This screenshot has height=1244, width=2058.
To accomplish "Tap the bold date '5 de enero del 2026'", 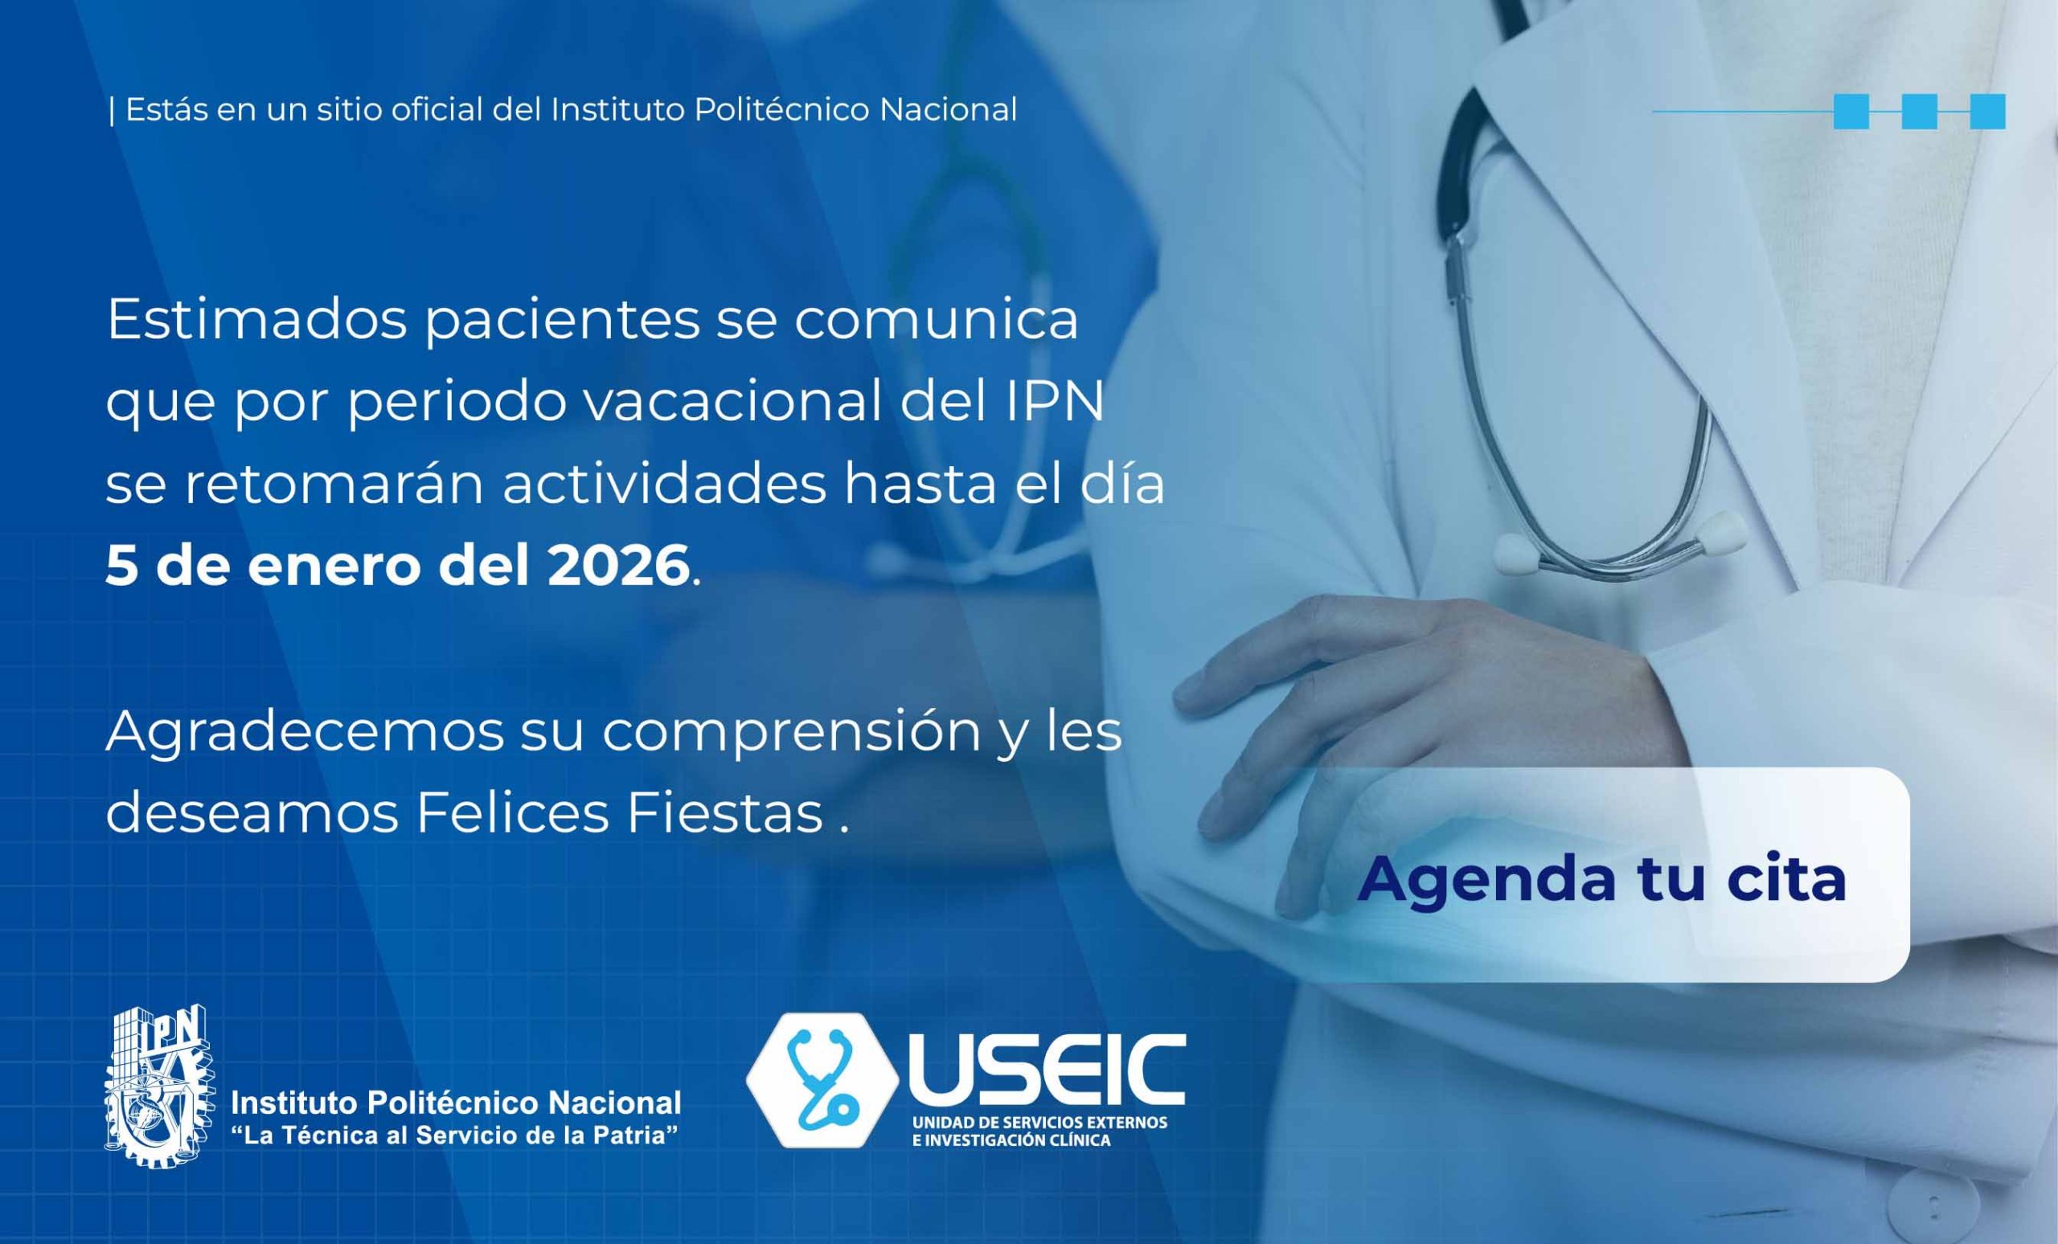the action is tap(398, 567).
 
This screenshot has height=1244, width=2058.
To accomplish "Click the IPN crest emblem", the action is tap(158, 1086).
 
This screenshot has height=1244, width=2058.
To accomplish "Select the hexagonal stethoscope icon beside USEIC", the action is tap(821, 1082).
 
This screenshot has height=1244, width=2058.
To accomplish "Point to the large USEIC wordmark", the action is tap(1047, 1069).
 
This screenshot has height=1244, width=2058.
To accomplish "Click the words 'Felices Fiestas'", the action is tap(619, 813).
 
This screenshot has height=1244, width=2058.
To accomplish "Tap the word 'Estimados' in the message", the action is tap(256, 320).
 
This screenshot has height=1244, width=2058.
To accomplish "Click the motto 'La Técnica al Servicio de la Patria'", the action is tap(453, 1136).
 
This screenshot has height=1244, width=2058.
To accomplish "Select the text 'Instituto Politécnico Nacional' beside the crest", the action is tap(456, 1103).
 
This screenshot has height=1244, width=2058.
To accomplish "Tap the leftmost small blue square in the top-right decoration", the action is tap(1851, 112).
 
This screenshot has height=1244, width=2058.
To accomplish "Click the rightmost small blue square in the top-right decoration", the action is tap(1988, 112).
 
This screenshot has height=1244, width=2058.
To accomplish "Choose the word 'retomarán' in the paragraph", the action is tap(334, 485).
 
